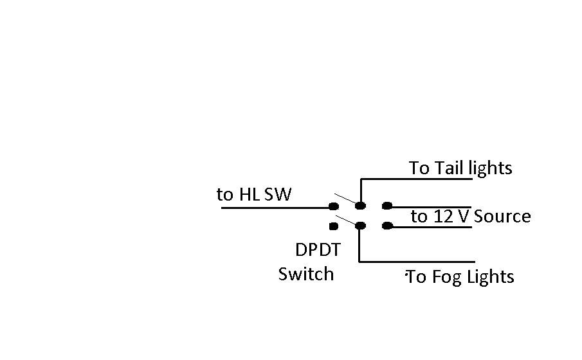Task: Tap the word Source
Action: (x=502, y=217)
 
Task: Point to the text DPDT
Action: (x=318, y=250)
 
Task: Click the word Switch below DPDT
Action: (x=306, y=274)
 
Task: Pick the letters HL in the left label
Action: (x=249, y=195)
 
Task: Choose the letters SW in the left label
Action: (x=278, y=195)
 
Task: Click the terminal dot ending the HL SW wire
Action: (x=334, y=206)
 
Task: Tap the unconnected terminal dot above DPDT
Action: (x=334, y=226)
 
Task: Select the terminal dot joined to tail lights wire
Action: (x=360, y=206)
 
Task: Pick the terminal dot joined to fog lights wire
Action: (x=360, y=226)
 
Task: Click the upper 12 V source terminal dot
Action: (x=387, y=206)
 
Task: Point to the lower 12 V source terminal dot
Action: (x=387, y=226)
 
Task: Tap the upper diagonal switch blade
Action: (x=345, y=199)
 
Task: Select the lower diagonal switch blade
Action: (x=347, y=221)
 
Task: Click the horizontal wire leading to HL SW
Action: (x=275, y=208)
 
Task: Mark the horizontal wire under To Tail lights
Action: (x=417, y=179)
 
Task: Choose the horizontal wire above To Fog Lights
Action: (x=417, y=262)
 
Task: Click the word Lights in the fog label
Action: (x=490, y=277)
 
